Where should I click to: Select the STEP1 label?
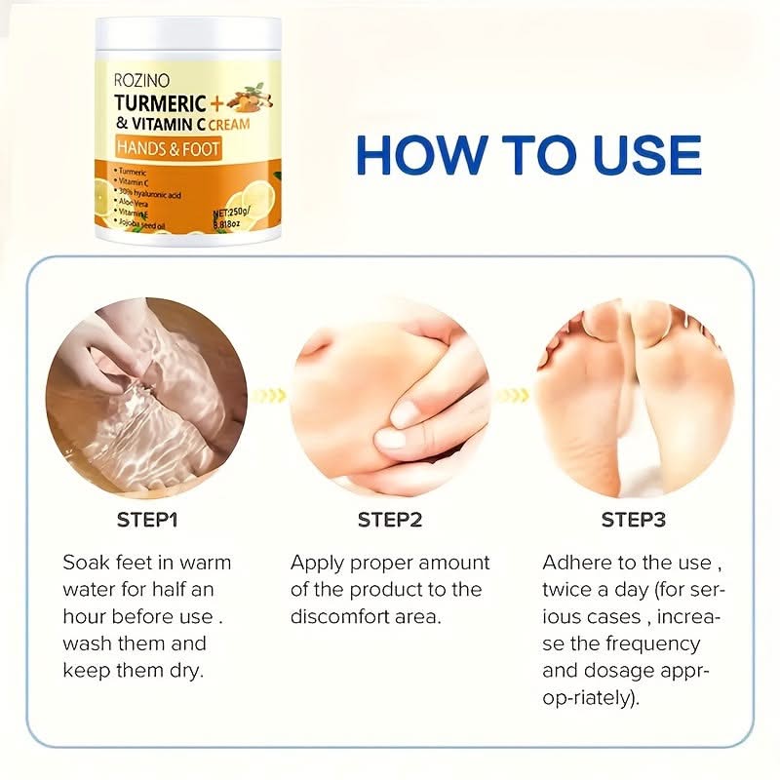tap(147, 519)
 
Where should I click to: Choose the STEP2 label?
tap(390, 519)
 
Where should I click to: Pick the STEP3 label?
tap(633, 519)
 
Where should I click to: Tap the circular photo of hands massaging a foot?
tap(390, 396)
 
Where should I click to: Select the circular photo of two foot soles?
tap(634, 396)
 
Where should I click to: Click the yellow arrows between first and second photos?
tap(269, 396)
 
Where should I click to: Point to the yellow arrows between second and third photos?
tap(512, 396)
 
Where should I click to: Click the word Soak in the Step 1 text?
tap(85, 564)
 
